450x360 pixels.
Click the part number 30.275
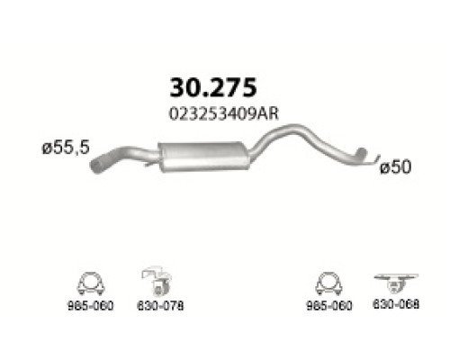coord(212,86)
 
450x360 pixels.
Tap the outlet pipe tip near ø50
coord(366,159)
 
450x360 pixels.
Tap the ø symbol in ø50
coord(384,167)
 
